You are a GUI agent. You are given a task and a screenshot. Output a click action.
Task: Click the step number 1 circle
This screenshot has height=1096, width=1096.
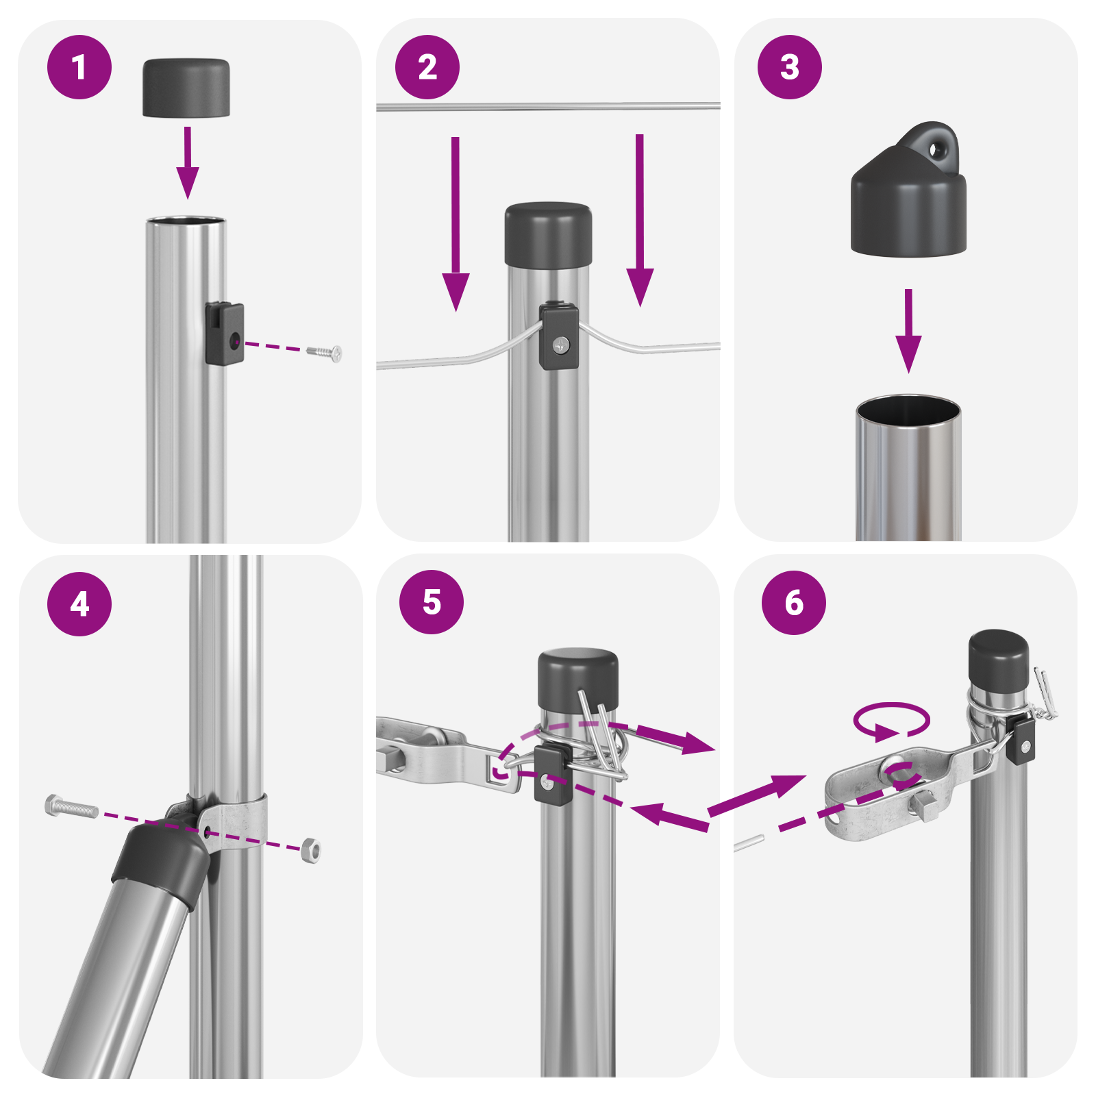tap(79, 67)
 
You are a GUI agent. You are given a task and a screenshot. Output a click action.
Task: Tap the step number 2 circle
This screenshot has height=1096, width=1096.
tap(427, 67)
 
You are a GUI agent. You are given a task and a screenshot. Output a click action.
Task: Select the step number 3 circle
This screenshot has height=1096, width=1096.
tap(789, 67)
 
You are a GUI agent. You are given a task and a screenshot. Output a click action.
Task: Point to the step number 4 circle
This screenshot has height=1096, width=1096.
tap(79, 604)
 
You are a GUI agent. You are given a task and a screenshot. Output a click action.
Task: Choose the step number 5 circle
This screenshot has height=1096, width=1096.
tap(432, 602)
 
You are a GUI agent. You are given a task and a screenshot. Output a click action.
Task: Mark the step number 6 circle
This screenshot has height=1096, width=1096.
tap(793, 603)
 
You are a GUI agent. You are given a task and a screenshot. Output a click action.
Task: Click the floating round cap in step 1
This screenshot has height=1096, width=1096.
tap(186, 87)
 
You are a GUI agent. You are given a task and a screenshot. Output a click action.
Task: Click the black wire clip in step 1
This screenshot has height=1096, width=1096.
tap(225, 334)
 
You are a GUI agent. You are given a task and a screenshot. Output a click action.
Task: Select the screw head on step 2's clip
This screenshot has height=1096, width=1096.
tap(561, 345)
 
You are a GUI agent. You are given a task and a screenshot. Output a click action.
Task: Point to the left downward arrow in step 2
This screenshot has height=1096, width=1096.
tap(456, 226)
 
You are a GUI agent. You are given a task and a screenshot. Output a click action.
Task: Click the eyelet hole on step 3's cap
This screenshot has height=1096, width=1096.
tap(936, 149)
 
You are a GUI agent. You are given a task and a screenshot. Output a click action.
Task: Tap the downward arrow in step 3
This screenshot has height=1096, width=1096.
tap(908, 332)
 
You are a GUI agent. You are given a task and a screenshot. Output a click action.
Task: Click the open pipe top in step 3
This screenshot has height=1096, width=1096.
tap(908, 411)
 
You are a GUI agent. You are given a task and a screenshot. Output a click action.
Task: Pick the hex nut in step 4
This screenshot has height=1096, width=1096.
tap(311, 850)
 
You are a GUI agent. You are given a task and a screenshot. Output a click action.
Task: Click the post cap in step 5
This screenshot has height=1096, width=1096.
tap(577, 680)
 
